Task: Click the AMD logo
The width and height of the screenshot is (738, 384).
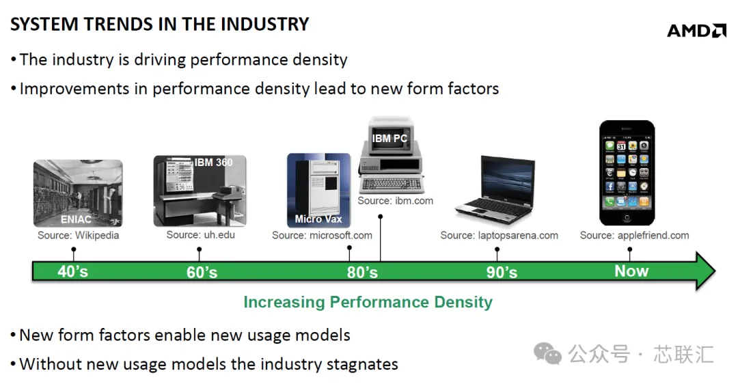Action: coord(696,31)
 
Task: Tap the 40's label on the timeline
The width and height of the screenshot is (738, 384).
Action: coord(73,271)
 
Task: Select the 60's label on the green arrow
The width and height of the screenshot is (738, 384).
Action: coord(202,272)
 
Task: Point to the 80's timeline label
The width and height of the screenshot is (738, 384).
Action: coord(362,272)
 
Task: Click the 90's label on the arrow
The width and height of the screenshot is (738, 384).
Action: coord(502,272)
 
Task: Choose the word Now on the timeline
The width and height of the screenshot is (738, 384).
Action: coord(631,271)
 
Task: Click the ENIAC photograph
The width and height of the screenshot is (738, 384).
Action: coord(78,193)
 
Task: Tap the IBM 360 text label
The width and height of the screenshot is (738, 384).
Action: coord(214,163)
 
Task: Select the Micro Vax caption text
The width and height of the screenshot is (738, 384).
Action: coord(318,219)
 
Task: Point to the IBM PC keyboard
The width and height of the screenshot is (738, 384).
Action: coord(392,184)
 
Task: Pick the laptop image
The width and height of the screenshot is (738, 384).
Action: coord(495,191)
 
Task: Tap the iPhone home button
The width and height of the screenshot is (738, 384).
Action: coord(627,217)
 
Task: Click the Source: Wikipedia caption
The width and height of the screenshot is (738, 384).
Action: coord(78,235)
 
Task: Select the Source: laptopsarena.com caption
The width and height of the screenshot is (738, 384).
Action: coord(500,235)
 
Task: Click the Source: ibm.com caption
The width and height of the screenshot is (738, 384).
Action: coord(396,201)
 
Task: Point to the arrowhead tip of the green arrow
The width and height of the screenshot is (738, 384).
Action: coord(715,271)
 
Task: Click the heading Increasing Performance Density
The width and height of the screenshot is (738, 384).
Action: coord(368,302)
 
